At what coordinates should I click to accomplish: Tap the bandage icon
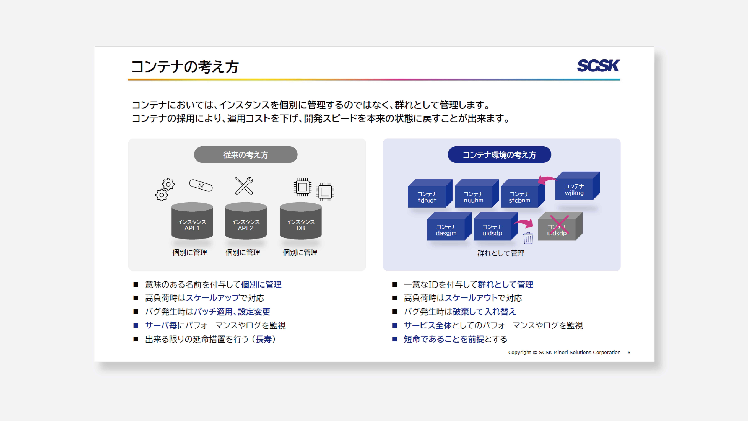pyautogui.click(x=201, y=185)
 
